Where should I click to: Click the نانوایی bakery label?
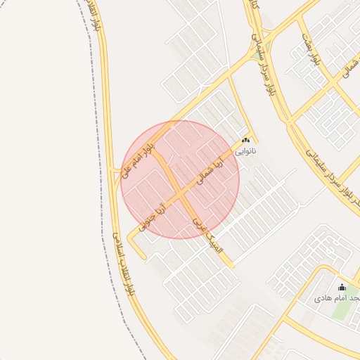click(x=245, y=150)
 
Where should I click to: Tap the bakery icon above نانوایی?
click(x=245, y=141)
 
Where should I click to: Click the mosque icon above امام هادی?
click(x=342, y=287)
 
